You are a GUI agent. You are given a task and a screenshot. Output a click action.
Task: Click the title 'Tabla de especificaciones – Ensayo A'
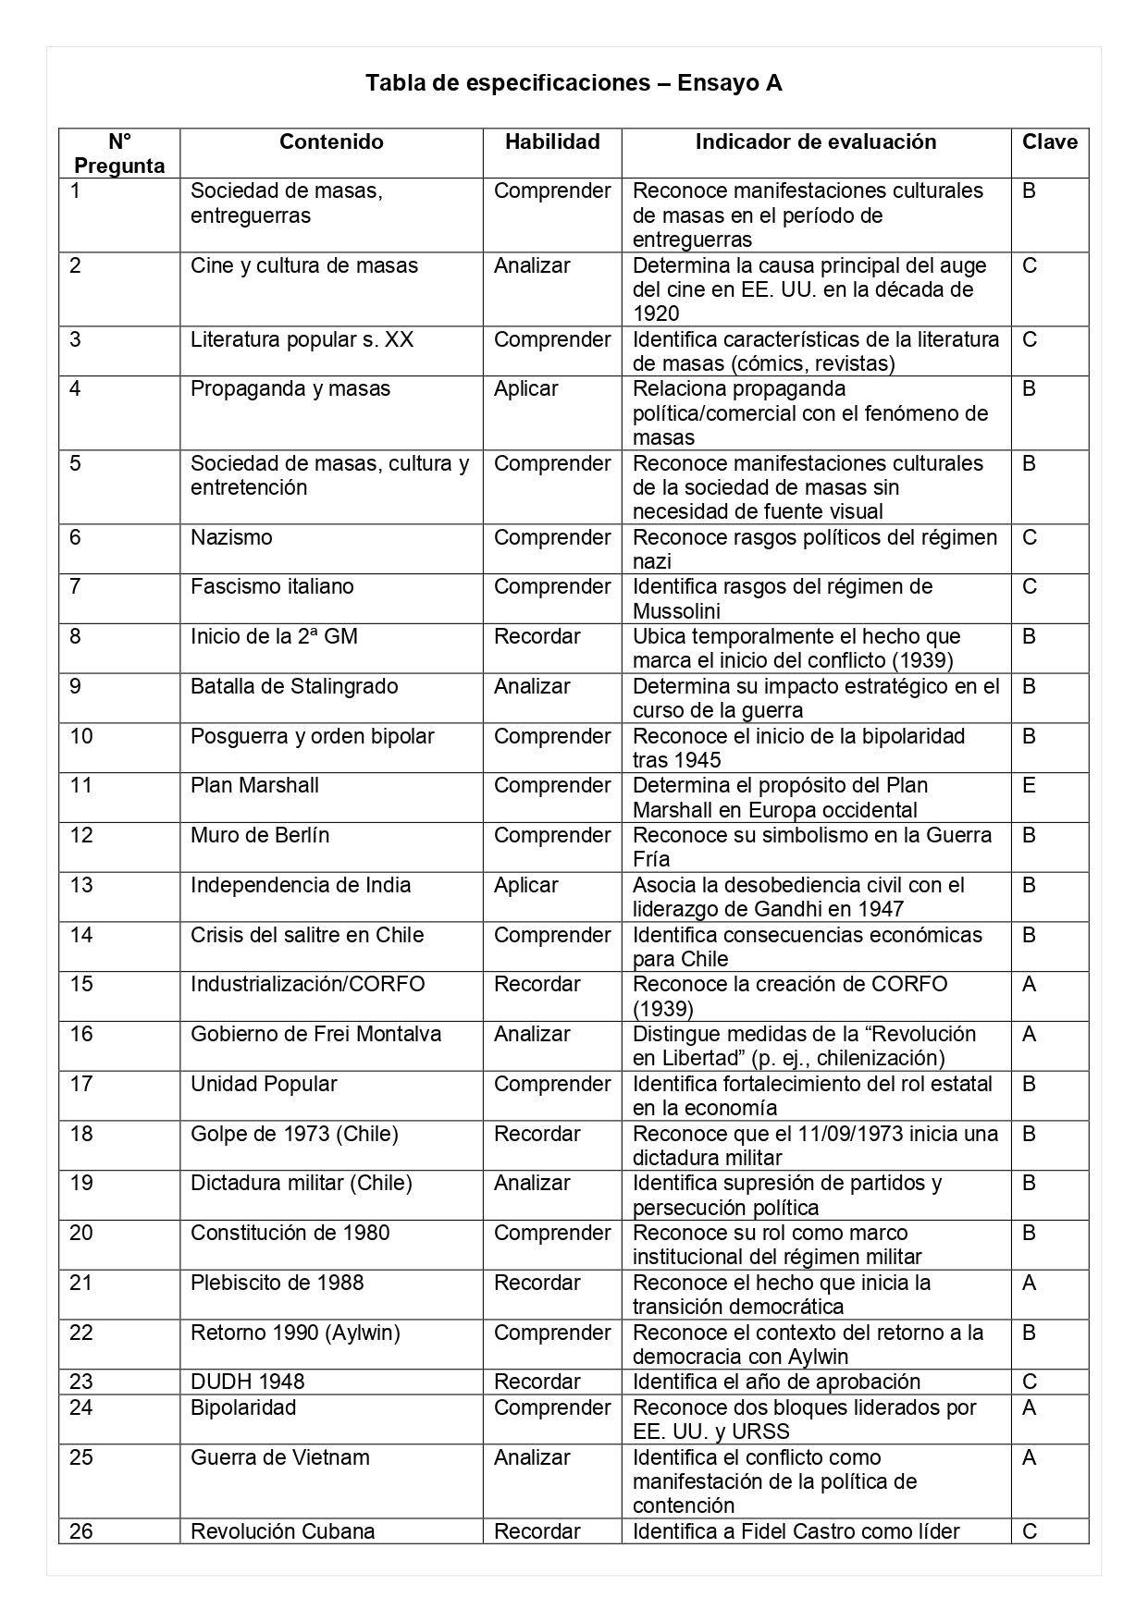point(574,83)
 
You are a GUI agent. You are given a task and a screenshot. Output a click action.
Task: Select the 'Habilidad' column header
point(552,141)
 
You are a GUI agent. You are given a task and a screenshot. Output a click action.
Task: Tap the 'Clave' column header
point(1050,141)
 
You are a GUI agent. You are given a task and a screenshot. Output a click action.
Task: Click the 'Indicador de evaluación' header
point(816,141)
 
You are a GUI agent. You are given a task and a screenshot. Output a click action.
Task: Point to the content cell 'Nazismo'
point(231,537)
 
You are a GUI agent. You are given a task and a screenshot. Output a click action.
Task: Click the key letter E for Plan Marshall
point(1030,785)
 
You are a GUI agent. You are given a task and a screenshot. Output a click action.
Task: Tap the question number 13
point(81,885)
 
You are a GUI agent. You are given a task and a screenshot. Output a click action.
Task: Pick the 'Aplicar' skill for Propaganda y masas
point(525,388)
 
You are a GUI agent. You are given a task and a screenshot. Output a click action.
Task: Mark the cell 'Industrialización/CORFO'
point(308,984)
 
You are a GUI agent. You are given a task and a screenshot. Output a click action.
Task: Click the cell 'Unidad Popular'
point(264,1084)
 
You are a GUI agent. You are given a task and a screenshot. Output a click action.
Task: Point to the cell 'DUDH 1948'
point(247,1382)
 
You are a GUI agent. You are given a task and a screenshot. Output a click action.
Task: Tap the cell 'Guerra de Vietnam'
point(280,1457)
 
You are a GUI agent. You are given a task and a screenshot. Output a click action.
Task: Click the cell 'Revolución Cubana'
point(283,1531)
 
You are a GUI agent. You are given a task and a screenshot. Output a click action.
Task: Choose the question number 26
point(81,1531)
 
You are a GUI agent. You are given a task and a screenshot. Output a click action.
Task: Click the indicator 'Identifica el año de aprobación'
point(776,1382)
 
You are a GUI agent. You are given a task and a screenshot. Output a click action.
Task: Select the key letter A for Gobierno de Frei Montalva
point(1029,1034)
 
